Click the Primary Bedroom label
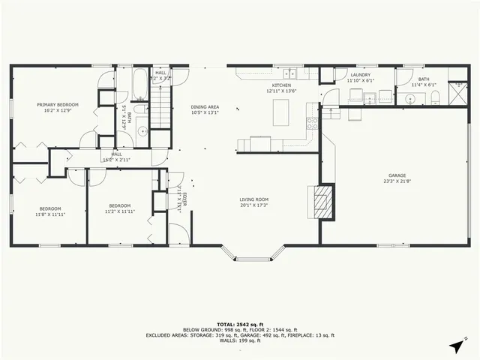[x=58, y=105]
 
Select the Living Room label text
[x=254, y=199]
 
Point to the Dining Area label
[x=205, y=106]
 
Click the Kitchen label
[x=281, y=85]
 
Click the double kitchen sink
[x=291, y=73]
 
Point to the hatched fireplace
[x=321, y=201]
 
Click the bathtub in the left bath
[x=141, y=85]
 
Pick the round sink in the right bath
[x=410, y=97]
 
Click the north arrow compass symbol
[x=455, y=346]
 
